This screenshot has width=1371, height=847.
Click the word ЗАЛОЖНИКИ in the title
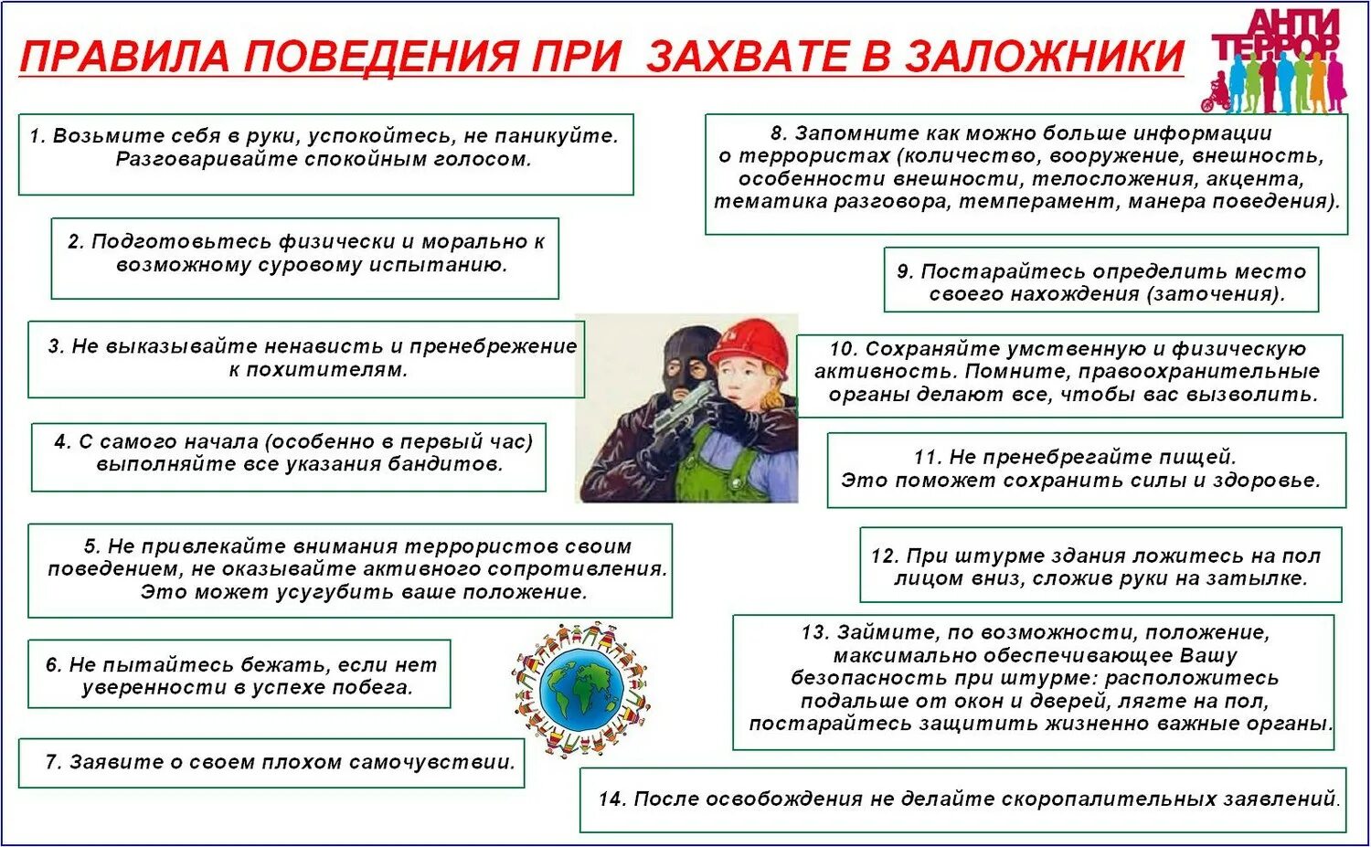[1044, 57]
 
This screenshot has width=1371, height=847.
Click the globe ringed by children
[581, 691]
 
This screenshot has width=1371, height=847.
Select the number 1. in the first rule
[37, 136]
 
